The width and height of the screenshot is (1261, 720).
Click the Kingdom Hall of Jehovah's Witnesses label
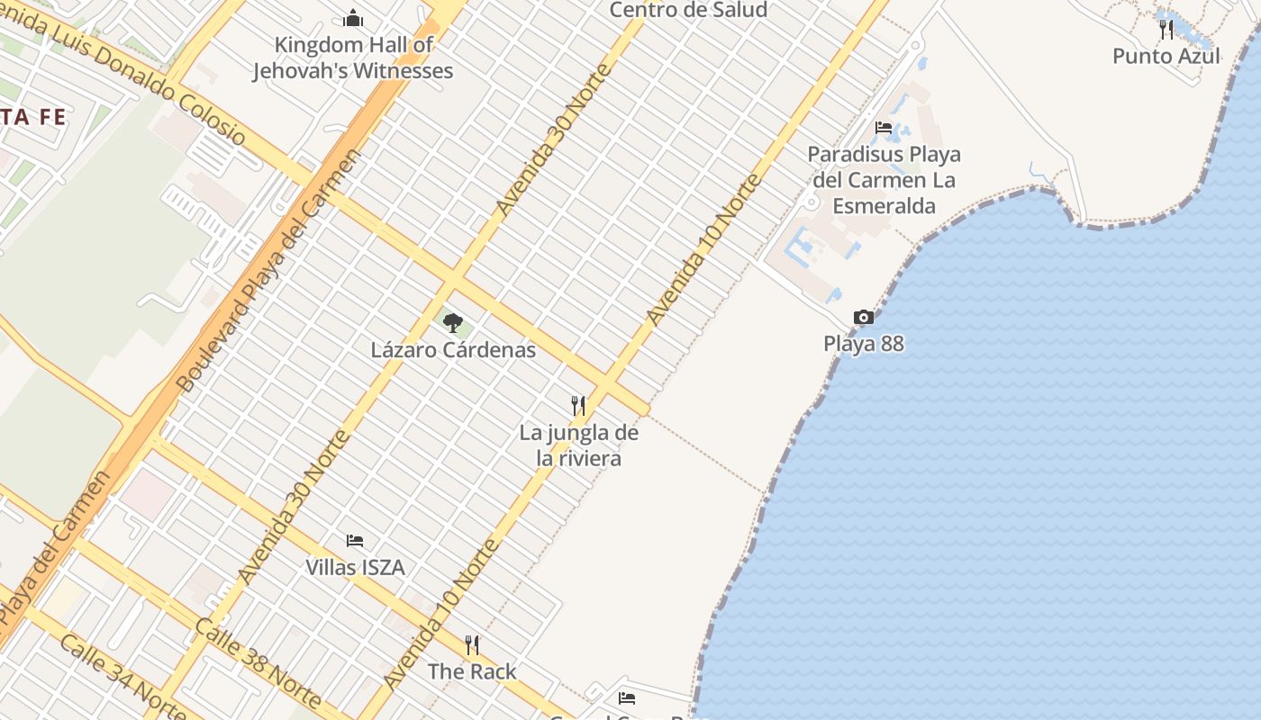pyautogui.click(x=353, y=58)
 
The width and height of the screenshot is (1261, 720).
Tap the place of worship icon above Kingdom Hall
pyautogui.click(x=353, y=18)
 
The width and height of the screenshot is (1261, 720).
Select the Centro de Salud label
pyautogui.click(x=688, y=10)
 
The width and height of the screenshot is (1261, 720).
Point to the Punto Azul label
pyautogui.click(x=1166, y=56)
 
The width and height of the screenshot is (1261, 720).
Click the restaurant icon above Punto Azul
pyautogui.click(x=1166, y=30)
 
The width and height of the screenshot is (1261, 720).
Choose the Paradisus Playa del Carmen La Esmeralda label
pyautogui.click(x=884, y=180)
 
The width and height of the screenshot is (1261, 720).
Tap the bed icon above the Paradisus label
pyautogui.click(x=884, y=128)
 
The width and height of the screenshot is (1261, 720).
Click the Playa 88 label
pyautogui.click(x=863, y=344)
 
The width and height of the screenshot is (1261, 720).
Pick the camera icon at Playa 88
pyautogui.click(x=863, y=318)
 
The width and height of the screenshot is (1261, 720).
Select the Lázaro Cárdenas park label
pyautogui.click(x=453, y=350)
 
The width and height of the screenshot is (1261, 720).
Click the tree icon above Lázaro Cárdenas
pyautogui.click(x=453, y=322)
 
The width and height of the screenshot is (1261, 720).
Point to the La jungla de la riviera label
pyautogui.click(x=578, y=445)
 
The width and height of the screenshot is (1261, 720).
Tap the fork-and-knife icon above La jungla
pyautogui.click(x=578, y=406)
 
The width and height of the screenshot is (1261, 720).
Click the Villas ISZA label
pyautogui.click(x=355, y=568)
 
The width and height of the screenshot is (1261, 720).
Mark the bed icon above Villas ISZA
pyautogui.click(x=355, y=541)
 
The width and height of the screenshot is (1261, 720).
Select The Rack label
pyautogui.click(x=472, y=671)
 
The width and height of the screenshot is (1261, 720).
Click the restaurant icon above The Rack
pyautogui.click(x=472, y=645)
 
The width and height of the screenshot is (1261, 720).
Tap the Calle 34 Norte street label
pyautogui.click(x=122, y=677)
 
